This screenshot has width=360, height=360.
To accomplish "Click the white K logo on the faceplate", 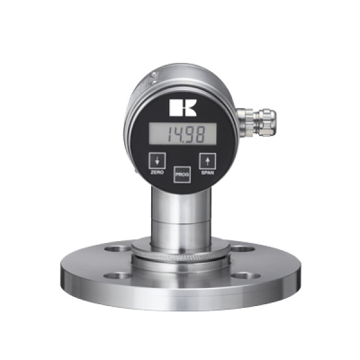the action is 182,107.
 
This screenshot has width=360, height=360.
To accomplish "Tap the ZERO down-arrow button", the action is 157,161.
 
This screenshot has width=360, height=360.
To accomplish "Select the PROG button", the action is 182,174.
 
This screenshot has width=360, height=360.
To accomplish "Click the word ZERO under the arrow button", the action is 157,172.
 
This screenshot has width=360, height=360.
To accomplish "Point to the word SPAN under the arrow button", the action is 208,173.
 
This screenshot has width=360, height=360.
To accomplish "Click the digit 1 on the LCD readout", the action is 169,134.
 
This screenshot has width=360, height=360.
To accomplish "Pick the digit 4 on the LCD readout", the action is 177,134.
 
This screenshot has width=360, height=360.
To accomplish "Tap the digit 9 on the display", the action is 189,134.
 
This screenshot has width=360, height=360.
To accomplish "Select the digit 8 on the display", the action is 200,134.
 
